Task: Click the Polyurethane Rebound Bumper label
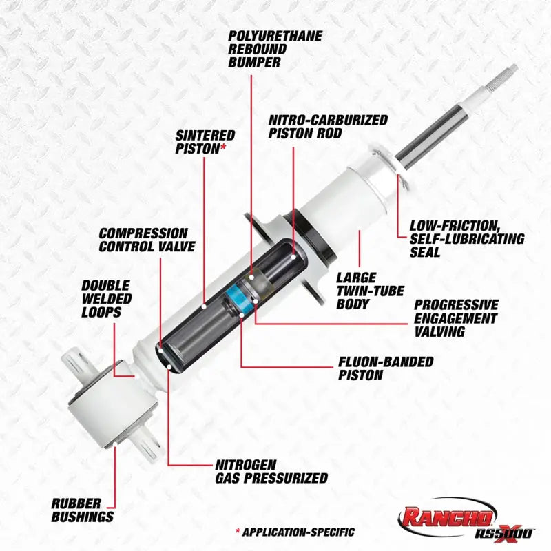point(264,48)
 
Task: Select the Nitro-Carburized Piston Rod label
point(327,127)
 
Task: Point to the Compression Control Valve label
point(147,240)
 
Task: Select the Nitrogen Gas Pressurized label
point(271,471)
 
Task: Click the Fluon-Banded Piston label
point(386,368)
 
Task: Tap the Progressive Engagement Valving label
point(455,318)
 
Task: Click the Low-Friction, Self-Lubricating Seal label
point(466,238)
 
